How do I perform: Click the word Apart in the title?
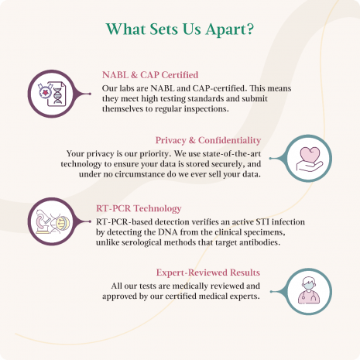224,29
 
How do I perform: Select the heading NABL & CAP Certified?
150,75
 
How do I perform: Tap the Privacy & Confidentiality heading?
208,140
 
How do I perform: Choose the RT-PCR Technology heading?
139,208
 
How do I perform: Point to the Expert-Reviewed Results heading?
208,273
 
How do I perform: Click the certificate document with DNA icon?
57,94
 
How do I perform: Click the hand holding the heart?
310,166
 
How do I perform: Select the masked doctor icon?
309,290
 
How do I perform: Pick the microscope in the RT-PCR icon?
43,221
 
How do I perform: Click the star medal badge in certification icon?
45,91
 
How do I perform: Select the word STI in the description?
262,221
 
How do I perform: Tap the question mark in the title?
249,29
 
